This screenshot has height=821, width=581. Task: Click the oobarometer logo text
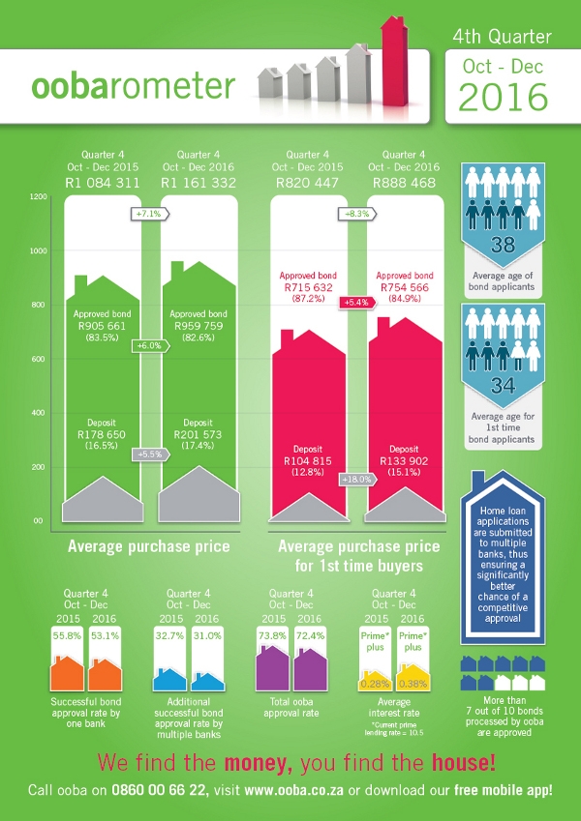click(x=133, y=85)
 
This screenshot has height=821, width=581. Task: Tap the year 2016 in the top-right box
click(x=503, y=97)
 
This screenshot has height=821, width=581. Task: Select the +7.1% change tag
click(x=149, y=213)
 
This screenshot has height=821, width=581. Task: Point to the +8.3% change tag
click(x=353, y=213)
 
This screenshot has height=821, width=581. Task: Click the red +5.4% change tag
click(x=353, y=304)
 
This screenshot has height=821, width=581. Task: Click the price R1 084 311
click(x=102, y=182)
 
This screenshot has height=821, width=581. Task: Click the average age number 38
click(x=503, y=245)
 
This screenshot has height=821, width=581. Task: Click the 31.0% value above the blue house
click(x=205, y=635)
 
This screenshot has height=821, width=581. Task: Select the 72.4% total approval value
click(x=309, y=635)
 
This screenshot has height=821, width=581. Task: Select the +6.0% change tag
click(x=149, y=345)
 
